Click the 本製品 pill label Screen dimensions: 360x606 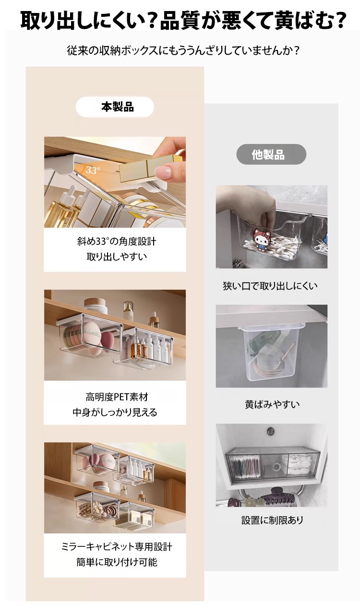[115, 107]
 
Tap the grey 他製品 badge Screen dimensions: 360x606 [271, 154]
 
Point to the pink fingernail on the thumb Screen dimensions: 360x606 [163, 172]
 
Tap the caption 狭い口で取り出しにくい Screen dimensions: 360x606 [270, 285]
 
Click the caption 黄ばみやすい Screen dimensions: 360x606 [272, 404]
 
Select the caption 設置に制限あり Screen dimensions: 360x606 [272, 520]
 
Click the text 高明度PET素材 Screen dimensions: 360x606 [117, 397]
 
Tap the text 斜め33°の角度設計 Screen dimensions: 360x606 [117, 241]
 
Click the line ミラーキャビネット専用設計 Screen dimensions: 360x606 [117, 547]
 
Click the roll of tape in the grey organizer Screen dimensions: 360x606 [276, 466]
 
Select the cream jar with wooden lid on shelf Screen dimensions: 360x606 [96, 305]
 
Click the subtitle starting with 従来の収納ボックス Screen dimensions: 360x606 [183, 50]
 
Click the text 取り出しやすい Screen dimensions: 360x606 [117, 256]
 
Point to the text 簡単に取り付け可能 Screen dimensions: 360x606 [117, 562]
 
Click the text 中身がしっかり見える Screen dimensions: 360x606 [115, 412]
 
